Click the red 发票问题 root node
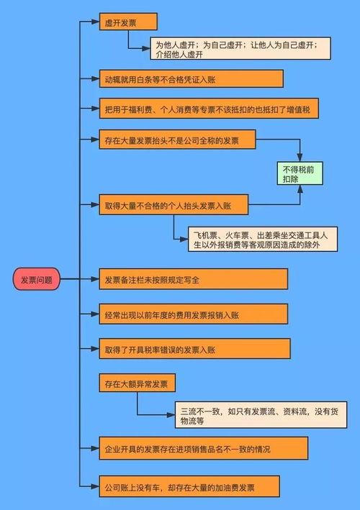pos(37,279)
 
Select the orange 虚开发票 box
pos(128,22)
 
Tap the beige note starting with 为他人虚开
pos(240,48)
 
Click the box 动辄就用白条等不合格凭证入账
pos(191,78)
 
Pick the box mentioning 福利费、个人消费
pos(209,109)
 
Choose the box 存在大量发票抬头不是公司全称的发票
pos(177,140)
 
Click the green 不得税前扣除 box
pos(300,173)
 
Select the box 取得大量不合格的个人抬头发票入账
pos(174,204)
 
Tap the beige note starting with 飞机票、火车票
pos(263,240)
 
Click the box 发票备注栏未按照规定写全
pos(194,279)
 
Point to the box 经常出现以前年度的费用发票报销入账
pos(194,314)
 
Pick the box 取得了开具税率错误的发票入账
pos(194,349)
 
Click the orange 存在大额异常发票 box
pos(137,383)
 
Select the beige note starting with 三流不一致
pos(261,415)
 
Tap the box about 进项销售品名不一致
pos(204,448)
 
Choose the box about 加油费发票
pos(189,486)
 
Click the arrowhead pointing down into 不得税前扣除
pos(300,157)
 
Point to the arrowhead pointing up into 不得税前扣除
pos(300,189)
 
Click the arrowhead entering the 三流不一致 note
pos(171,415)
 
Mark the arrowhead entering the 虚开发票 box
pos(95,22)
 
